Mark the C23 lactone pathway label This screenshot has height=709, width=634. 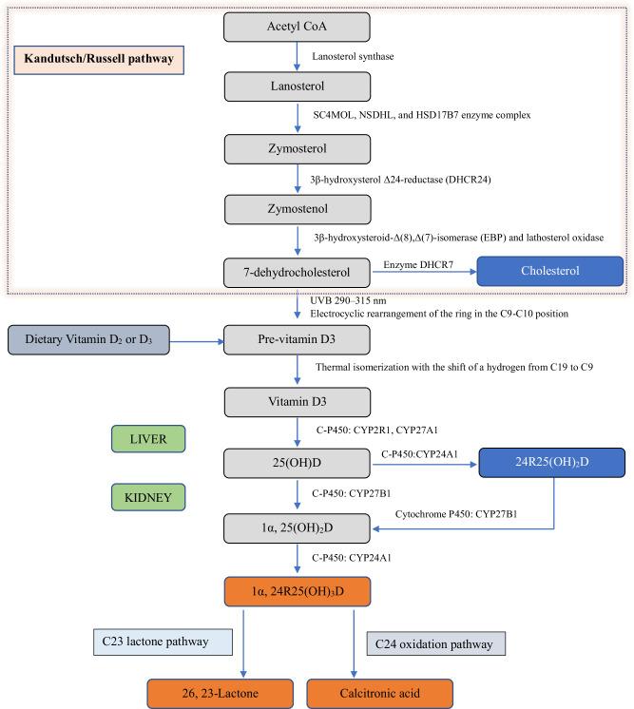pyautogui.click(x=162, y=642)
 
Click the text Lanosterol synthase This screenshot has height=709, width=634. pyautogui.click(x=353, y=57)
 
